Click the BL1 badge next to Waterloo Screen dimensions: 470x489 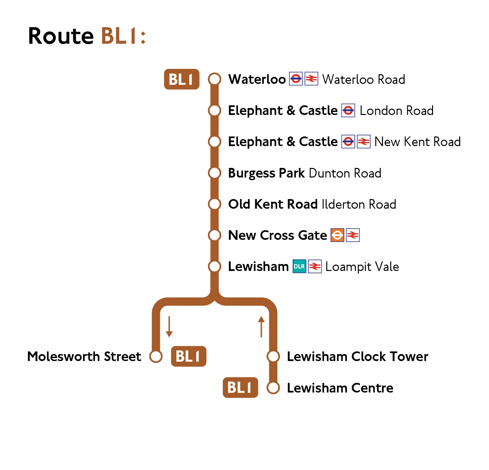181,79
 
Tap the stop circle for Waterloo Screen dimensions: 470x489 215,79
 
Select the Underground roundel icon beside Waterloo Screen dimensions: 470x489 296,79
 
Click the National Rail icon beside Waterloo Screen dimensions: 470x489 311,79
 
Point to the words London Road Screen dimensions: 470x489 396,111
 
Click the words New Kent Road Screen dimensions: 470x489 417,142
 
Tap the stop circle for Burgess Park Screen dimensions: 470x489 215,173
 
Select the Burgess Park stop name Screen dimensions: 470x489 266,173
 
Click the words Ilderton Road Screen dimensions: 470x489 359,204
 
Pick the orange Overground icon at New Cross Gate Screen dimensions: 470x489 337,235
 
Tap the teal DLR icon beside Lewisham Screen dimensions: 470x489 299,266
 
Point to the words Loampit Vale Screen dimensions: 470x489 362,267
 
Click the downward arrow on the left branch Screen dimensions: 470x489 169,327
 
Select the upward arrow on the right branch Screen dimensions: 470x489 261,327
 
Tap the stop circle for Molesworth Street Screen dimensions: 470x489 156,356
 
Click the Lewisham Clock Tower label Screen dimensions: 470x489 357,357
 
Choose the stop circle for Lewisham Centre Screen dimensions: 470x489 273,388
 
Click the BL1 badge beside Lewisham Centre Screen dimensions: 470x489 240,388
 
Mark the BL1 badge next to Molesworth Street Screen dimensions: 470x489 188,356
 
